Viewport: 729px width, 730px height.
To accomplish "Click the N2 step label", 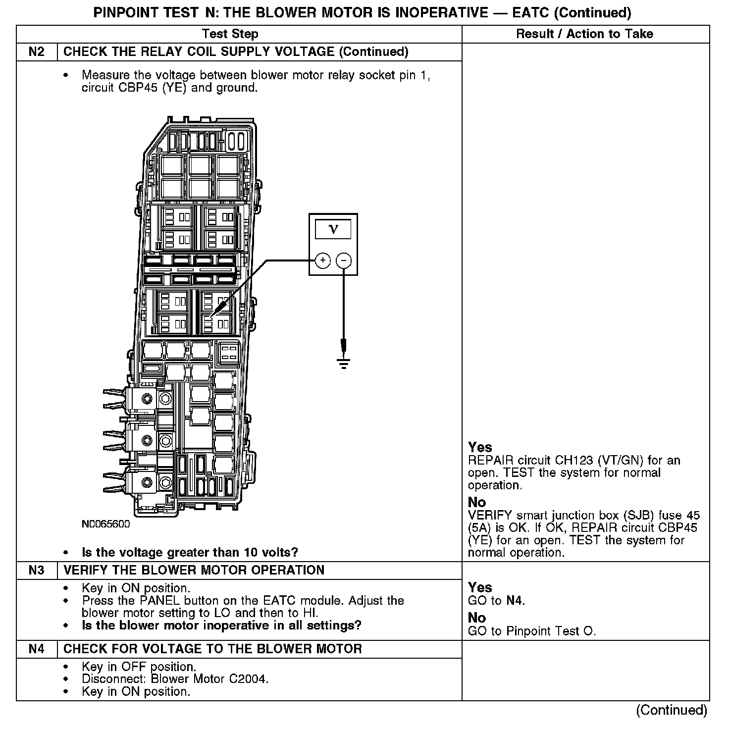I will (x=37, y=52).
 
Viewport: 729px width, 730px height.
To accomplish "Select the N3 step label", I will (x=37, y=570).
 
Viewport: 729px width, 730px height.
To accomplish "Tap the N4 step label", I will (x=37, y=649).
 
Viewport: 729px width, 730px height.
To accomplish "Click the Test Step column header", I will (x=230, y=34).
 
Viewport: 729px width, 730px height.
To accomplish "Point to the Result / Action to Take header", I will (x=584, y=34).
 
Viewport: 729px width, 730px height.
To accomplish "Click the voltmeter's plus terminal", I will (x=322, y=261).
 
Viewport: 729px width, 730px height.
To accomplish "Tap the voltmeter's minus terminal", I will (x=344, y=261).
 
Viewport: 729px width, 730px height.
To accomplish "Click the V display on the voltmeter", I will (x=333, y=229).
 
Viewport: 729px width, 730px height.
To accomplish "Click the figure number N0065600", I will (x=105, y=524).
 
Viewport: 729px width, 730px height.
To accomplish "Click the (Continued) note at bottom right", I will (x=672, y=710).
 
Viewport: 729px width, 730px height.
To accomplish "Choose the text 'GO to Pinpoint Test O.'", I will (x=532, y=631).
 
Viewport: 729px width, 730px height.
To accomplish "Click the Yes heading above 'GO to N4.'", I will (x=480, y=587).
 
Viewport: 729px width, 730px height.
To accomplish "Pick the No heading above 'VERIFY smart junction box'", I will (x=477, y=502).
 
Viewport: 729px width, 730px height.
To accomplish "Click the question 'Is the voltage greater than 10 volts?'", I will (x=190, y=552).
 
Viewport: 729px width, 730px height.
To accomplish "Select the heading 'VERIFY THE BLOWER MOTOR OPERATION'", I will (x=194, y=570).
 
